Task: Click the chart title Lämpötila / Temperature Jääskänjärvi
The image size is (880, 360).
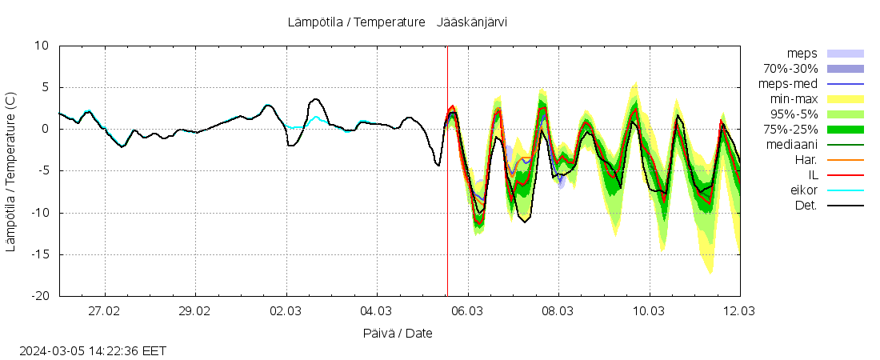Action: pyautogui.click(x=397, y=22)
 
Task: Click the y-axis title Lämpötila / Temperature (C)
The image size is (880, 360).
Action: pyautogui.click(x=10, y=171)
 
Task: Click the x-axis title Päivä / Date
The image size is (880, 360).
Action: pyautogui.click(x=397, y=333)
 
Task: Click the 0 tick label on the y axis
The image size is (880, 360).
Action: pyautogui.click(x=46, y=129)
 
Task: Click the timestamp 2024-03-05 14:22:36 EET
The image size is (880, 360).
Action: pyautogui.click(x=93, y=350)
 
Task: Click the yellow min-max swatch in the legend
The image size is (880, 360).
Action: pyautogui.click(x=845, y=99)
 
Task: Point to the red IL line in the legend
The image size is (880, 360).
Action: pyautogui.click(x=845, y=175)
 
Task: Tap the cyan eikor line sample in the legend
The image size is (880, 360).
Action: pyautogui.click(x=845, y=190)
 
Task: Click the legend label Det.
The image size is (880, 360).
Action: pyautogui.click(x=806, y=206)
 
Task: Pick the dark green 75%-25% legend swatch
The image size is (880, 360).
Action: pyautogui.click(x=845, y=130)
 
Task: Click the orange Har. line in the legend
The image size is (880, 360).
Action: pyautogui.click(x=845, y=160)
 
